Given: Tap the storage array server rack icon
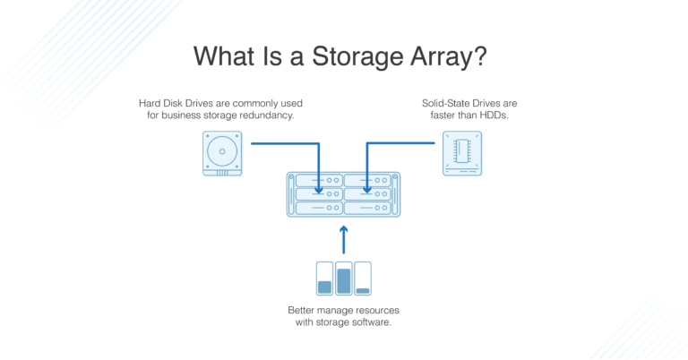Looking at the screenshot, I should point(343,194).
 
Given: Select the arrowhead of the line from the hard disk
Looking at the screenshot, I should point(320,189).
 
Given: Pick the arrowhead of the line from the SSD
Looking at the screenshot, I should point(367,189).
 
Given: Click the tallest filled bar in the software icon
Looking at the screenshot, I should point(343,281).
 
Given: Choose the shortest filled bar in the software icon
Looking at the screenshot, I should point(363,290).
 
